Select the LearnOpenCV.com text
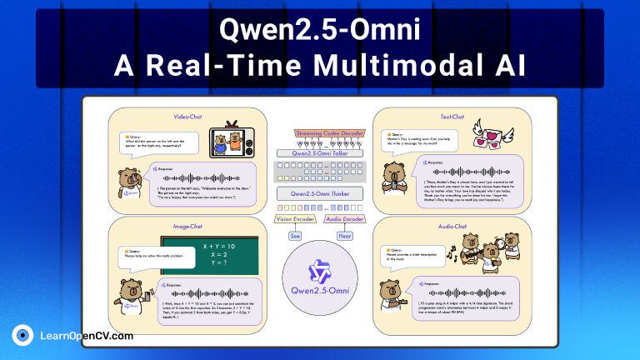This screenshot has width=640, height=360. pyautogui.click(x=87, y=336)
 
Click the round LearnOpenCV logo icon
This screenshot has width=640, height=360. pyautogui.click(x=22, y=336)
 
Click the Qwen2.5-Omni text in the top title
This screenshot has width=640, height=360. pyautogui.click(x=320, y=30)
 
